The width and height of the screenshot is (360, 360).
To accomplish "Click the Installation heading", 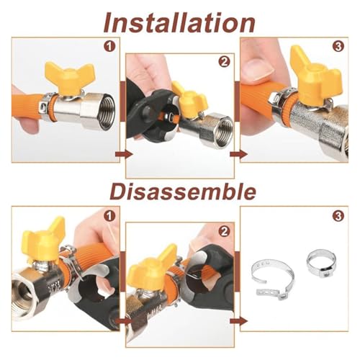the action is pyautogui.click(x=179, y=22).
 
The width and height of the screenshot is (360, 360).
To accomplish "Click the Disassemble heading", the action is pyautogui.click(x=183, y=192).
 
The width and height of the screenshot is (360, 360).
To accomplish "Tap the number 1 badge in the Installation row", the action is pyautogui.click(x=109, y=47).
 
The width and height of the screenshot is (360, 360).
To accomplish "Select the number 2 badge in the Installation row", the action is pyautogui.click(x=224, y=62).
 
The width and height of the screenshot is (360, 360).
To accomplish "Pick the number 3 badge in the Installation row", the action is pyautogui.click(x=338, y=47).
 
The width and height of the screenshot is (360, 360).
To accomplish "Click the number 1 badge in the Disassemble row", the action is pyautogui.click(x=109, y=216).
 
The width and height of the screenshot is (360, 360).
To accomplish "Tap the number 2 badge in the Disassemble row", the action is pyautogui.click(x=224, y=232).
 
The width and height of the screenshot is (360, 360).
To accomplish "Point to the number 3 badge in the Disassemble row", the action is pyautogui.click(x=338, y=216).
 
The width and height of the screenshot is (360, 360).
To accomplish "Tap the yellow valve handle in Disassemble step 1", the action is pyautogui.click(x=43, y=239).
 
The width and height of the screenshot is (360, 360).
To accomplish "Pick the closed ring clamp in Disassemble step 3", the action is pyautogui.click(x=321, y=263).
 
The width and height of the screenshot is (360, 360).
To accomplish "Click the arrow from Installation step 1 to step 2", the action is pyautogui.click(x=124, y=154).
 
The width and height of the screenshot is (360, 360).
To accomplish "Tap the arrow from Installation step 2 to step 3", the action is pyautogui.click(x=238, y=154).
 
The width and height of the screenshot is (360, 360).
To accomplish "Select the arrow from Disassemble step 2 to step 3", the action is pyautogui.click(x=238, y=321).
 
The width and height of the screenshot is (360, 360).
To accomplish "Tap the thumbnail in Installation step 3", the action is pyautogui.click(x=261, y=70).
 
